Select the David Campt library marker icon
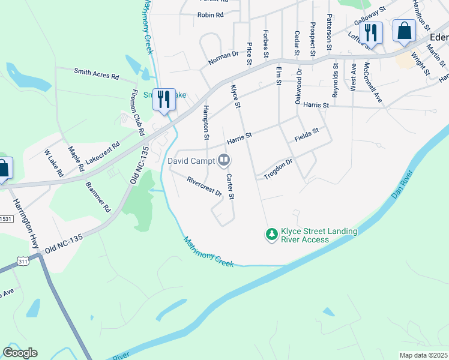[x=224, y=160]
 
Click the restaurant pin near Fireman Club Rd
[x=163, y=98]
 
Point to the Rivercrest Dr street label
[x=204, y=187]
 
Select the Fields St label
[x=306, y=135]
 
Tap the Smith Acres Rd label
[x=97, y=74]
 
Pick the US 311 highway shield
[x=22, y=262]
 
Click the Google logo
[x=20, y=353]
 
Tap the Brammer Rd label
[x=98, y=197]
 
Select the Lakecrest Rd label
[x=103, y=153]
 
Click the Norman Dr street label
[x=223, y=58]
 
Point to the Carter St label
[x=230, y=186]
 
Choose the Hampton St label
[x=206, y=122]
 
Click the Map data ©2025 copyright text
[x=423, y=355]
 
